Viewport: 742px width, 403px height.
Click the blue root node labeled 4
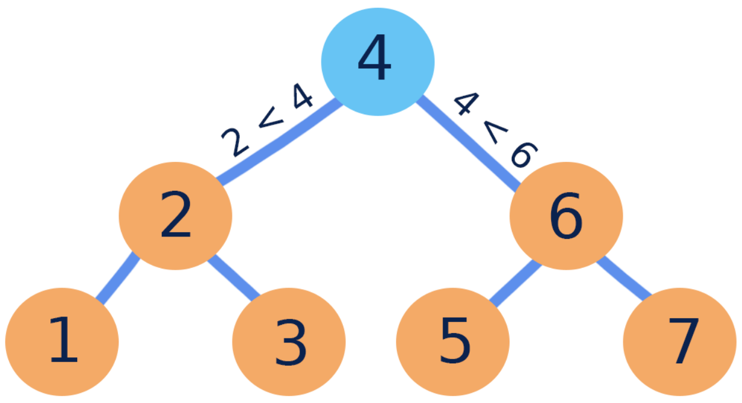378,61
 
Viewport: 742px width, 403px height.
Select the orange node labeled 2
176,216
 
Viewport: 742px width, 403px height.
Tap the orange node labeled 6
566,216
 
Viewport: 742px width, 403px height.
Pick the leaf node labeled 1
62,341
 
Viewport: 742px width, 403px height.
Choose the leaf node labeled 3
289,341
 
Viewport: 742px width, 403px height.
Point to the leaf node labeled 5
453,341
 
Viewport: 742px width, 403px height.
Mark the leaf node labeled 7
680,341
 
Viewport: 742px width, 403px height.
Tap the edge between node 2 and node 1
117,279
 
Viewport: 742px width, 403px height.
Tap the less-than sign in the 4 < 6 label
492,131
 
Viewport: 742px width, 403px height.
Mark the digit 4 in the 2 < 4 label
300,97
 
